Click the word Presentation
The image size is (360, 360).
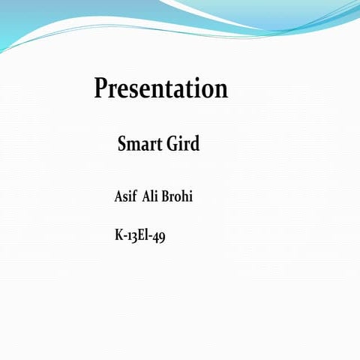[160, 89]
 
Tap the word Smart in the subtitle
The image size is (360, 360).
[139, 144]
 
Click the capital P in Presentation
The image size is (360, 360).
[101, 88]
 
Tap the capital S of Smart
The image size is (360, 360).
[123, 144]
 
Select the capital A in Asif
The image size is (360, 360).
[119, 196]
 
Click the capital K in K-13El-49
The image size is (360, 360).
[119, 235]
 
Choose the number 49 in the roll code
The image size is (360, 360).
[158, 237]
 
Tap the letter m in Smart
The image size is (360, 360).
[136, 145]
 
